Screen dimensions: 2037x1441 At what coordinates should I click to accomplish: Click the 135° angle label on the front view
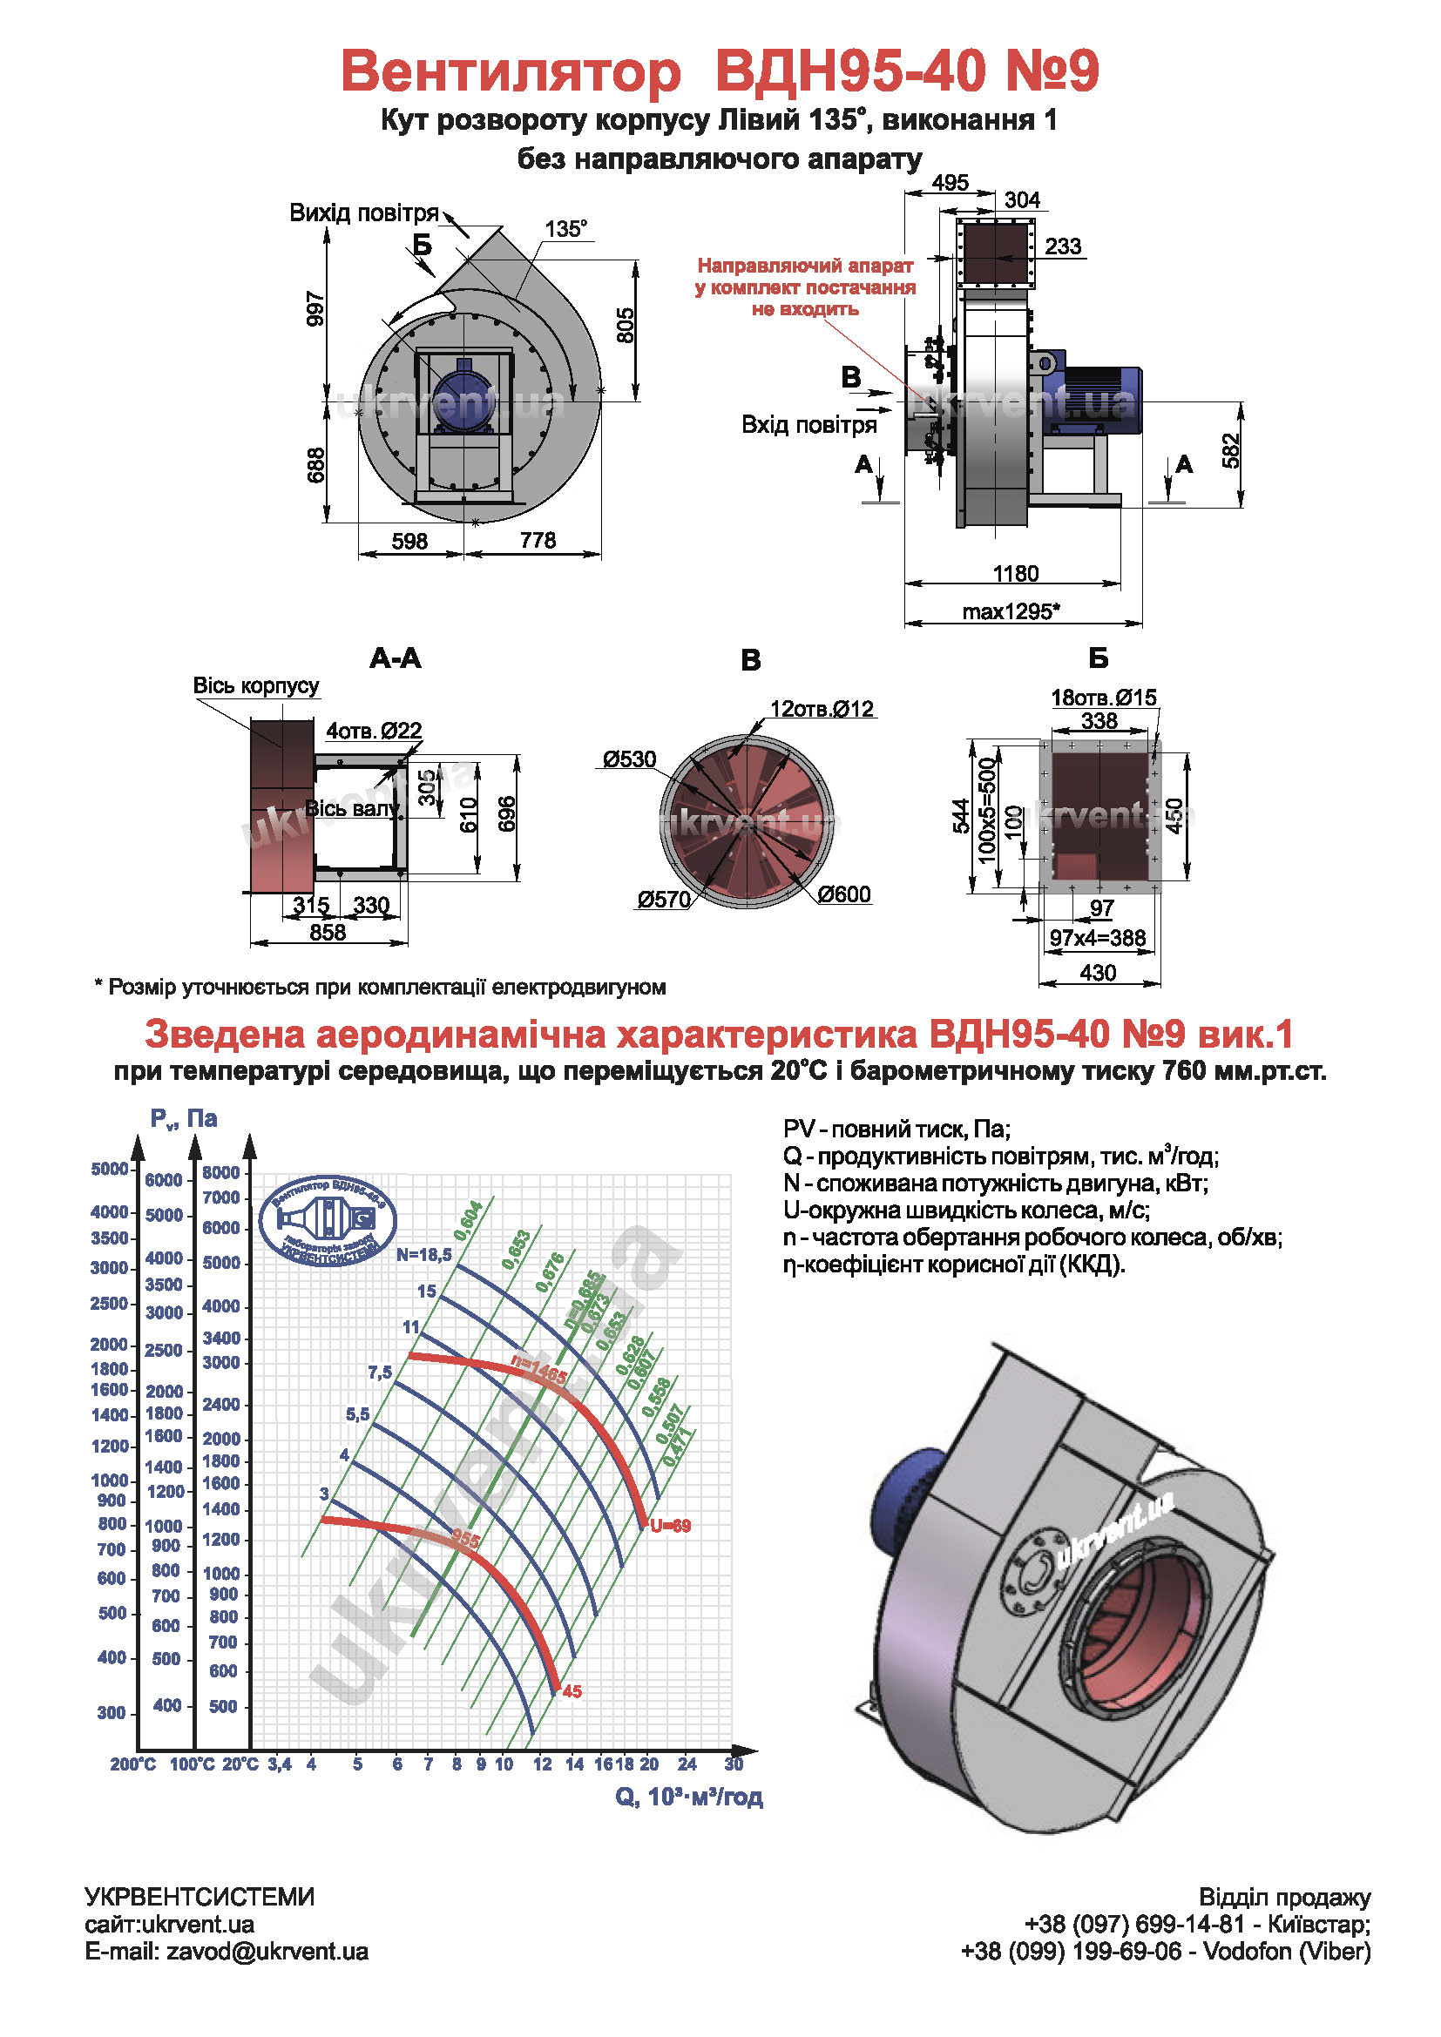[x=565, y=229]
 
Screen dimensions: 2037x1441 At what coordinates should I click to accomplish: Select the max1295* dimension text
[x=1011, y=611]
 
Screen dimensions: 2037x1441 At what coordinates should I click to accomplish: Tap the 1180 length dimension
[x=1015, y=573]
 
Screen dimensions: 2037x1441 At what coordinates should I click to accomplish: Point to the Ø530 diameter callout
[x=629, y=759]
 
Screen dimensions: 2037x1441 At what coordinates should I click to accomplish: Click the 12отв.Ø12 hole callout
[x=822, y=709]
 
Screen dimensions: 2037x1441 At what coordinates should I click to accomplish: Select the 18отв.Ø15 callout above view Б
[x=1104, y=698]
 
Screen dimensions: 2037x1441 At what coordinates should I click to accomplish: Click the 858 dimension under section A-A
[x=328, y=932]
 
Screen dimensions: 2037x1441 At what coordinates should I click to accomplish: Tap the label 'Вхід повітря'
[x=808, y=425]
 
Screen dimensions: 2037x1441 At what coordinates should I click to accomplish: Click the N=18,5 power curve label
[x=423, y=1254]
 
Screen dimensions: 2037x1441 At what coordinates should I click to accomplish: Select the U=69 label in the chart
[x=670, y=1526]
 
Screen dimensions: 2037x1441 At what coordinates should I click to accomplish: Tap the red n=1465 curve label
[x=538, y=1371]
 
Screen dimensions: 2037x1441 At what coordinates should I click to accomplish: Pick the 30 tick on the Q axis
[x=733, y=1764]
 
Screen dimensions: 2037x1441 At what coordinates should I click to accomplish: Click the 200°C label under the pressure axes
[x=132, y=1764]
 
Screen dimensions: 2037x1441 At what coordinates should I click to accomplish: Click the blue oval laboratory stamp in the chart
[x=328, y=1221]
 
